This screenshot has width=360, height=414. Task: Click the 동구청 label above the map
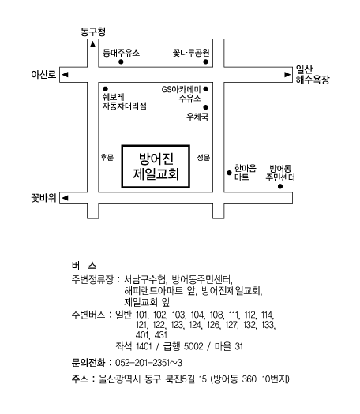click(93, 32)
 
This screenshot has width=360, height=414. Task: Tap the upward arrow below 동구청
click(92, 44)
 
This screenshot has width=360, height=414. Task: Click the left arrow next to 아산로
click(65, 75)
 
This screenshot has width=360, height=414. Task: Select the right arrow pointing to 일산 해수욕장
click(287, 75)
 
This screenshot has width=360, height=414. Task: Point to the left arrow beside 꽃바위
click(65, 198)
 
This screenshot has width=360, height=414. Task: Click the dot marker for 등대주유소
click(121, 62)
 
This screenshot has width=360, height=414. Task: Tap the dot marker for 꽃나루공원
click(205, 62)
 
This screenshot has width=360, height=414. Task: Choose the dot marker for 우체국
click(205, 107)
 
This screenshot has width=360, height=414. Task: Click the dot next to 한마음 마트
click(229, 173)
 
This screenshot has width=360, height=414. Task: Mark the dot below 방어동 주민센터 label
click(280, 187)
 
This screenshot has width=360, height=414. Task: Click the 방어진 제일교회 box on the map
click(156, 166)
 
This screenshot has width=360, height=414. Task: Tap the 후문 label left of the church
click(107, 158)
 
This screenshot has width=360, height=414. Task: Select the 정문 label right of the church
click(204, 158)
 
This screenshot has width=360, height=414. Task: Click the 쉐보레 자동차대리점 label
click(124, 102)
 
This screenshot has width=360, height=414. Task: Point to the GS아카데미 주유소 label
click(182, 94)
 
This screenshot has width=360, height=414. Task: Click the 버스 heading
click(84, 265)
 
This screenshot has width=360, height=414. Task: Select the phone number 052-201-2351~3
click(148, 363)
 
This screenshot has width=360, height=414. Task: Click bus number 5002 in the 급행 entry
click(193, 346)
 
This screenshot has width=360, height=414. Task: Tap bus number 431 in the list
click(161, 335)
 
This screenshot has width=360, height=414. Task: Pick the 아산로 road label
click(43, 75)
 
